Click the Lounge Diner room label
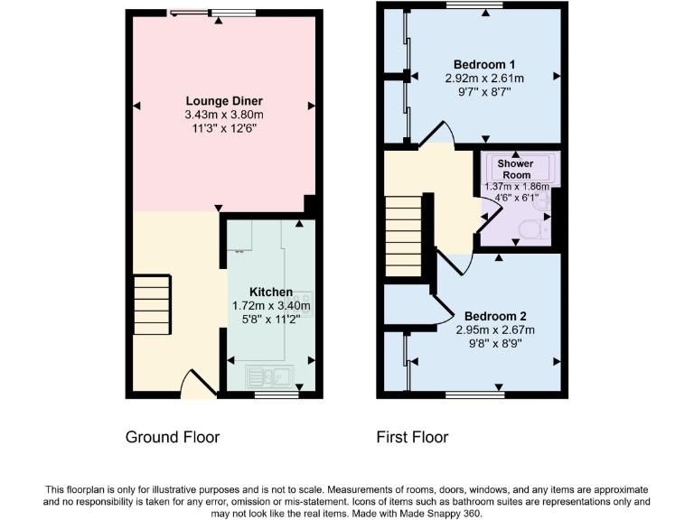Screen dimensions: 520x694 224,100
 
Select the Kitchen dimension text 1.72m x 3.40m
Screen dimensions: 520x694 271,306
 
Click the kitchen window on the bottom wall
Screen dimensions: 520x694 277,395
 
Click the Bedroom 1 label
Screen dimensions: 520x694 484,64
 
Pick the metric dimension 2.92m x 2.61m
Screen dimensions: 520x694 484,79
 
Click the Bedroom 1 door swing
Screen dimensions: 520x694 432,135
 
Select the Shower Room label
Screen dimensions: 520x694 514,169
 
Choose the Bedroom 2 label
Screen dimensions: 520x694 495,316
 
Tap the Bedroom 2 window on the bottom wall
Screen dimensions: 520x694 474,395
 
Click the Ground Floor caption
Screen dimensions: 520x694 172,438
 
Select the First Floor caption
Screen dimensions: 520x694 412,438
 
